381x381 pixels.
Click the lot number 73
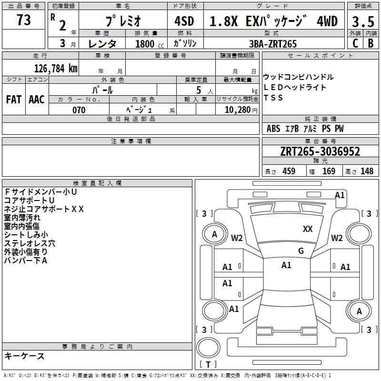pyautogui.click(x=23, y=20)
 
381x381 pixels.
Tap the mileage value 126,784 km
pyautogui.click(x=55, y=68)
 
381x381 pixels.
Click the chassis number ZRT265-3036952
pyautogui.click(x=320, y=152)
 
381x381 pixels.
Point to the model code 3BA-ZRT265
pyautogui.click(x=273, y=44)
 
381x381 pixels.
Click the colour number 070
pyautogui.click(x=79, y=110)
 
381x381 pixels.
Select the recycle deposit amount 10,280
pyautogui.click(x=237, y=110)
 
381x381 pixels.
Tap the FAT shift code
pyautogui.click(x=14, y=100)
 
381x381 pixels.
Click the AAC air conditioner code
pyautogui.click(x=37, y=100)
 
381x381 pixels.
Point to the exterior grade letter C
pyautogui.click(x=355, y=43)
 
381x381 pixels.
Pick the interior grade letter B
pyautogui.click(x=371, y=43)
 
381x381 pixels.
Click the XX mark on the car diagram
pyautogui.click(x=308, y=229)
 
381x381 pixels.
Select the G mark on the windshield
pyautogui.click(x=301, y=251)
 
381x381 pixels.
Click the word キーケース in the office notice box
pyautogui.click(x=24, y=356)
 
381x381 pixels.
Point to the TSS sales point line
pyautogui.click(x=273, y=98)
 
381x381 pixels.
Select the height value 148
pyautogui.click(x=367, y=171)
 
